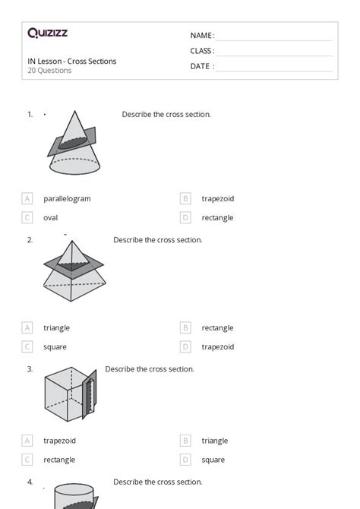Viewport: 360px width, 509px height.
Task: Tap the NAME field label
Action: (x=202, y=36)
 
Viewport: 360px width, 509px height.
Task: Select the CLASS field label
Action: (x=202, y=51)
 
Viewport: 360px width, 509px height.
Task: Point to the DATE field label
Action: (x=202, y=66)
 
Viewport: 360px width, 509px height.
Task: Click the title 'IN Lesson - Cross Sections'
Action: (x=72, y=62)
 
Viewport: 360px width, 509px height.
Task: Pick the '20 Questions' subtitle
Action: (x=49, y=71)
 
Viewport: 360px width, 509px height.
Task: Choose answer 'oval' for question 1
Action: (x=50, y=217)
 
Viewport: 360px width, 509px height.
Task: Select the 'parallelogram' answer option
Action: (x=67, y=198)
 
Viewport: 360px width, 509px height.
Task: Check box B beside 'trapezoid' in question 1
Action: (x=185, y=198)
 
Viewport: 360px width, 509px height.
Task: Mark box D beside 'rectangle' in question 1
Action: (x=185, y=217)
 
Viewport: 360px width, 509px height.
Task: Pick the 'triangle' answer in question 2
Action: (x=57, y=327)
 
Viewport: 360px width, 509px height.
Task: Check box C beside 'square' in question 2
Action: (x=27, y=346)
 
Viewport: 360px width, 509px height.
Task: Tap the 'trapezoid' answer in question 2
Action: (x=217, y=346)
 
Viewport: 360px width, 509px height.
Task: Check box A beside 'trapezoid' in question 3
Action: (x=27, y=441)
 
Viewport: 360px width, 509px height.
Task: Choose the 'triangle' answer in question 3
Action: (x=215, y=441)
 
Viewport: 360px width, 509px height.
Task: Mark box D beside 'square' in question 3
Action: (x=185, y=460)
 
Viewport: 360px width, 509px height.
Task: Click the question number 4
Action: (x=30, y=482)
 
